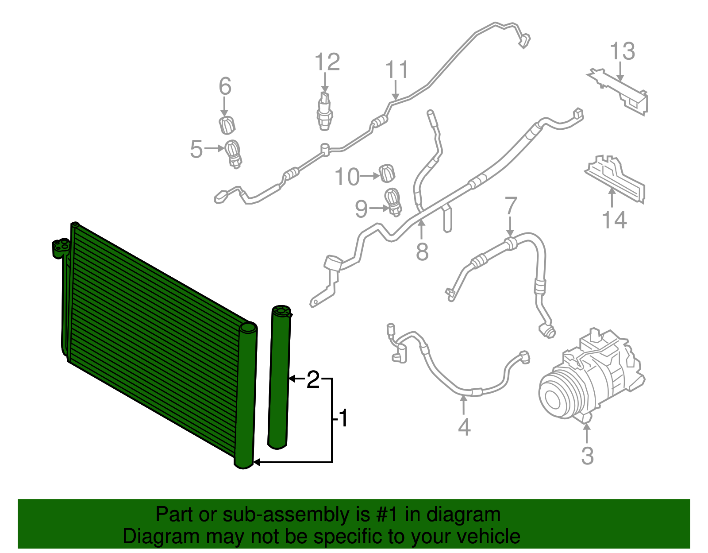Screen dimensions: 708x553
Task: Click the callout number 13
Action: pos(622,51)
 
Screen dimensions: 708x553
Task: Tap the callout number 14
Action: pos(614,220)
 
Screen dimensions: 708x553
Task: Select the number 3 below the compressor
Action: pos(588,456)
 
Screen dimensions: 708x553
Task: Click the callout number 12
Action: pos(327,62)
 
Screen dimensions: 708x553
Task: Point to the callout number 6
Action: pos(225,86)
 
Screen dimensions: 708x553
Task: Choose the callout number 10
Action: pos(347,177)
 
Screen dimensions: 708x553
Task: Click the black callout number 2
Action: pos(313,379)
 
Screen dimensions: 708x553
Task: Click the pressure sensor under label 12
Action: pos(324,111)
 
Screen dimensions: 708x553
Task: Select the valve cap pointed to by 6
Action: pos(227,125)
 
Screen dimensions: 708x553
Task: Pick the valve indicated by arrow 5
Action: pos(233,154)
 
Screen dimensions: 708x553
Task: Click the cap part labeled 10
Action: pos(387,173)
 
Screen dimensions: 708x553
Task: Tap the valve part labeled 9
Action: pos(393,202)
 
